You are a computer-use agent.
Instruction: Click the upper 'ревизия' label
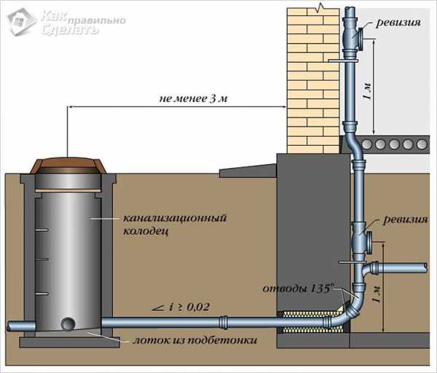pos(398,23)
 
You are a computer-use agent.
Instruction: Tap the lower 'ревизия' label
pos(405,219)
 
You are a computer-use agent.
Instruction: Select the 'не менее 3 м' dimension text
pos(194,98)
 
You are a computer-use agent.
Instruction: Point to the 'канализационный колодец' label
pos(175,224)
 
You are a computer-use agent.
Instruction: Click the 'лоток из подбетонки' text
pos(194,340)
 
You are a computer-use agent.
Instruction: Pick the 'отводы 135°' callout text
pos(298,288)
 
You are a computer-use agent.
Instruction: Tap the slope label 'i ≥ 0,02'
pos(181,307)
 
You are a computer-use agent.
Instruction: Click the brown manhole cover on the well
pos(68,165)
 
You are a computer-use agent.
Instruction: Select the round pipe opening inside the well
pos(68,324)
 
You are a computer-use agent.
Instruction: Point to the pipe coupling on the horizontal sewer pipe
pos(224,322)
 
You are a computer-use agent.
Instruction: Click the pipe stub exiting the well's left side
pos(21,326)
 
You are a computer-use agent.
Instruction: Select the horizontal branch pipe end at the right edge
pos(425,268)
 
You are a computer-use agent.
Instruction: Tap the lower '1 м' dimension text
pos(376,294)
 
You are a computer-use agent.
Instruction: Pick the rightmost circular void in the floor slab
pos(422,144)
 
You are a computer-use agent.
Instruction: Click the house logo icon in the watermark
pos(21,21)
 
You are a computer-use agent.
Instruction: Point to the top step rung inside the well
pos(42,230)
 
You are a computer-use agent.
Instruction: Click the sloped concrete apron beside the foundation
pos(248,170)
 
